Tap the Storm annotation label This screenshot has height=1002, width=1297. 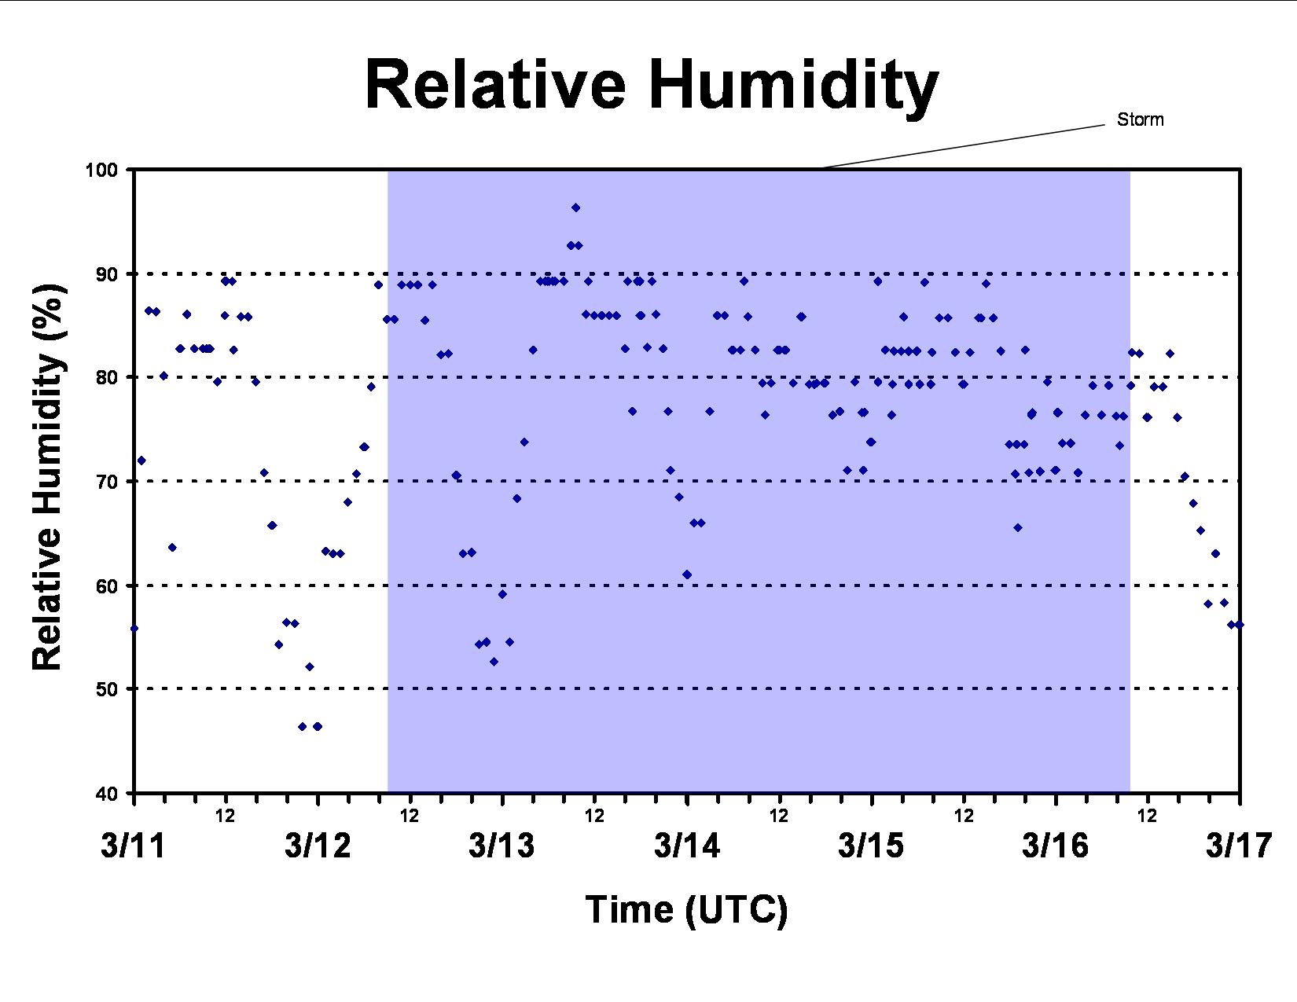click(x=1140, y=120)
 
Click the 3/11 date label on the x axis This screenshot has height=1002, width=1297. click(x=133, y=846)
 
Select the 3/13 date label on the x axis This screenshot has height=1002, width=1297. click(x=502, y=846)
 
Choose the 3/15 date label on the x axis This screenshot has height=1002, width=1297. click(x=871, y=846)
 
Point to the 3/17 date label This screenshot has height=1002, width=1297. click(x=1239, y=846)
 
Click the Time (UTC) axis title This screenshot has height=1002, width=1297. click(x=686, y=909)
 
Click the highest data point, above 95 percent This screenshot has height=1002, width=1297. click(x=575, y=207)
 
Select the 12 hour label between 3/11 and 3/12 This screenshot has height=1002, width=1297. click(x=225, y=816)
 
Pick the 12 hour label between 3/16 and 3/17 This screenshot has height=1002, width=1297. click(x=1147, y=816)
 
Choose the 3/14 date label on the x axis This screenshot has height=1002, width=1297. click(x=687, y=846)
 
